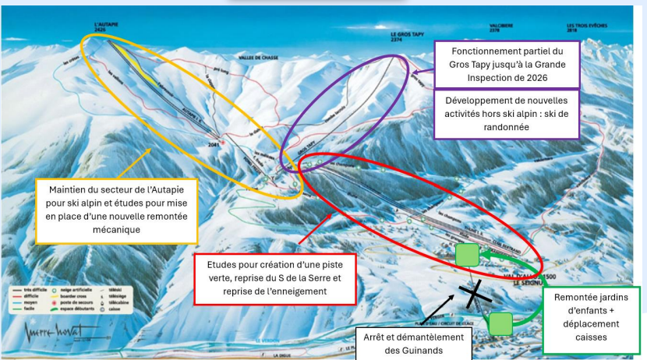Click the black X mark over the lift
473,294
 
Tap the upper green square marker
467,255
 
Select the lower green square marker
500,323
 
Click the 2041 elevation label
213,143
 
